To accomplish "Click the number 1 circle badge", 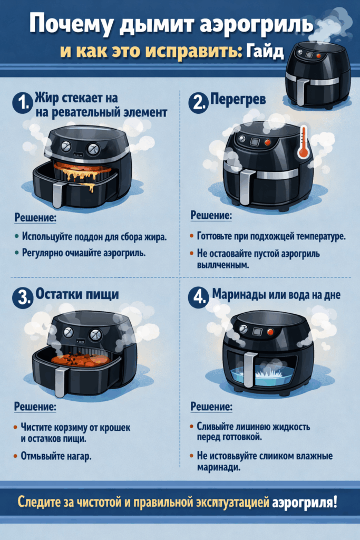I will click(22, 104).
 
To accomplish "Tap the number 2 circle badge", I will click(198, 104).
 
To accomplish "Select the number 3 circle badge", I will click(22, 297).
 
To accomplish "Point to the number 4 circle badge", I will click(198, 297).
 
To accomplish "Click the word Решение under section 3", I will click(35, 408).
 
